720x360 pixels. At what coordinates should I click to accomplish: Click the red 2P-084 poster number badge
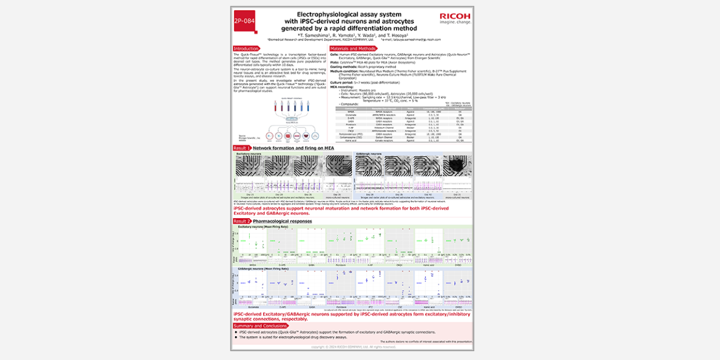[244, 21]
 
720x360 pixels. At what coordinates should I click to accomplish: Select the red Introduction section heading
[246, 49]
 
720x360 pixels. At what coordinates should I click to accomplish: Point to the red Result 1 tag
[242, 148]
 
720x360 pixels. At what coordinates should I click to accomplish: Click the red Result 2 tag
[242, 221]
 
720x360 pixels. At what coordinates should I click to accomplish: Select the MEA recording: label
[342, 86]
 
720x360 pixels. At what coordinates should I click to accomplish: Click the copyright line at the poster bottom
[352, 347]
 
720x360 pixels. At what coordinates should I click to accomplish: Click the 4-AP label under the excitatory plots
[369, 265]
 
